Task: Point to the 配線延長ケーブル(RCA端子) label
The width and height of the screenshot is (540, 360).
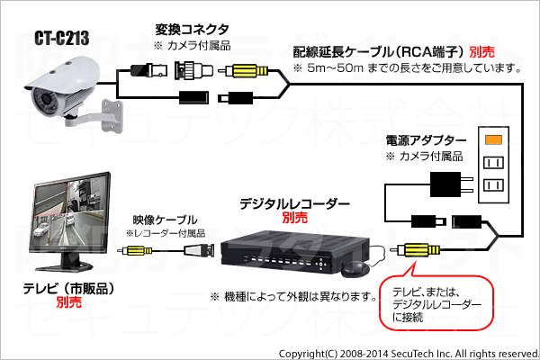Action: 389,52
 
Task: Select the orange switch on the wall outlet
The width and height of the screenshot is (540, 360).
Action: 492,140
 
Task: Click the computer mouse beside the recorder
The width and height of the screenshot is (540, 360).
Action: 355,268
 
